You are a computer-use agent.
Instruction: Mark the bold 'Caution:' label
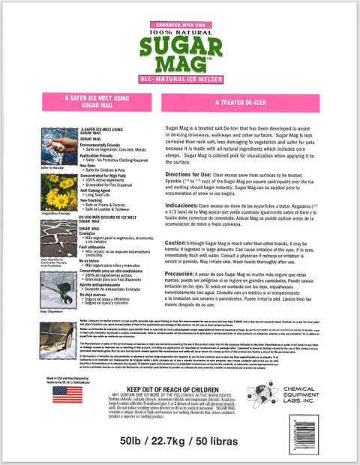[x=175, y=244]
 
